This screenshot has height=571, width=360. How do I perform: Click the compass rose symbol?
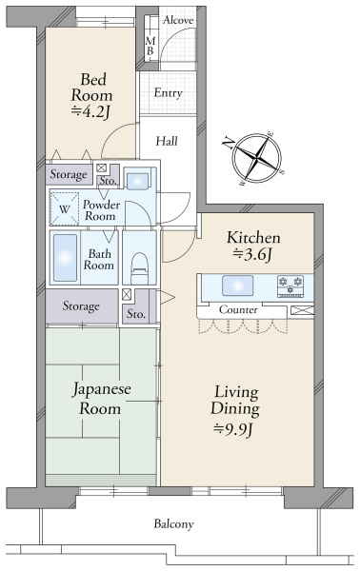pos(256,158)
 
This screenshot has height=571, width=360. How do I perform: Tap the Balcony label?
pos(173,524)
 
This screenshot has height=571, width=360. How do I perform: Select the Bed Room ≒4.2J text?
pos(91,95)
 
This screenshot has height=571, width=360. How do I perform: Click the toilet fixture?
pos(140,268)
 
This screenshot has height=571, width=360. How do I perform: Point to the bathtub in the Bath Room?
pos(65,258)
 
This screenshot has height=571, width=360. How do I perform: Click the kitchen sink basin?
pos(237,285)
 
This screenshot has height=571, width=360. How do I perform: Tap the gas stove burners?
pos(290,286)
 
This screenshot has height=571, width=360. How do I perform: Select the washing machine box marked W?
pos(64,208)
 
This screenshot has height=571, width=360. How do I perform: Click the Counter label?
pos(238,310)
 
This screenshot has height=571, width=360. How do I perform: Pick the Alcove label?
pos(178,20)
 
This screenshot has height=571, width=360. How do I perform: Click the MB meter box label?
pos(150,47)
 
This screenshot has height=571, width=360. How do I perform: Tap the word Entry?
pos(168,93)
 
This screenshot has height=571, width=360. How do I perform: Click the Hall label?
pos(167,141)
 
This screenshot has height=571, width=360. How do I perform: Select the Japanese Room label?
pos(101,399)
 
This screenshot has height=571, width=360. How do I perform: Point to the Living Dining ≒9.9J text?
pos(235,411)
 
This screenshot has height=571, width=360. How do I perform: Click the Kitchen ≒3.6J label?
pos(253,246)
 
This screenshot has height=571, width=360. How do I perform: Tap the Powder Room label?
pos(101,210)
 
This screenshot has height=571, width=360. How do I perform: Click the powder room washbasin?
pos(137,180)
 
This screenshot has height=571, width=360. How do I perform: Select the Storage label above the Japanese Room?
pos(81,305)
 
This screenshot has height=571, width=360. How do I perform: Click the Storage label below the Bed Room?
pos(69,174)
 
